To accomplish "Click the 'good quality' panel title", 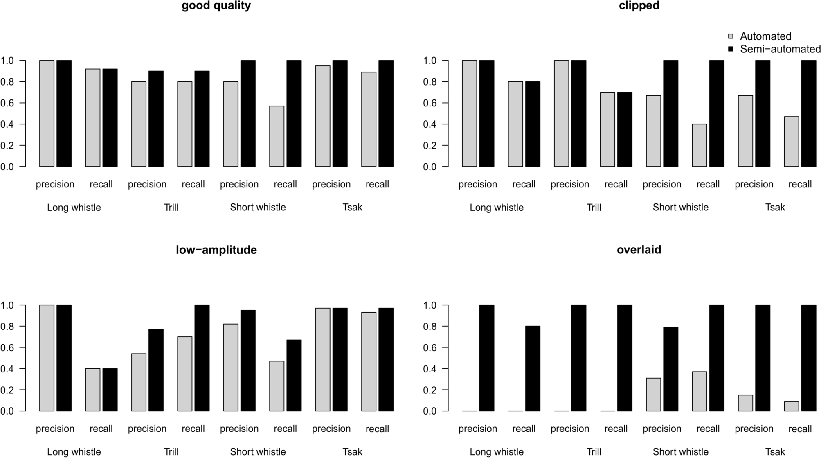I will coord(216,6).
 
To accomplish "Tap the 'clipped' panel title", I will coord(639,6).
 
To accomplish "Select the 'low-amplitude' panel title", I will coord(216,250).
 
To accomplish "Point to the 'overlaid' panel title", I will coord(639,250).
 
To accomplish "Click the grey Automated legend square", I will coord(731,36).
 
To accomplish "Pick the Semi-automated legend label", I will coord(780,49).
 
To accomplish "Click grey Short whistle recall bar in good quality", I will coord(277,136).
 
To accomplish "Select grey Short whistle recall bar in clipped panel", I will coord(699,145).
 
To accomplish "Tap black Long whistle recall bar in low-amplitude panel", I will coord(110,390).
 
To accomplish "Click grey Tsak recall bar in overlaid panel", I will coord(791,406).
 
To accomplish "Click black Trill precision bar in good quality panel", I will coord(156,119).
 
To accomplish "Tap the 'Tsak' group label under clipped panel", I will coord(775,208).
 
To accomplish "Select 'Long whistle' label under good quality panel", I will coord(74,208).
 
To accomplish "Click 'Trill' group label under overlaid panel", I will coord(594,452).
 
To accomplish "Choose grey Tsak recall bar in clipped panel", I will coord(791,142).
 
